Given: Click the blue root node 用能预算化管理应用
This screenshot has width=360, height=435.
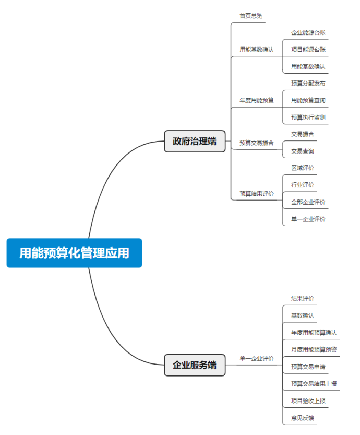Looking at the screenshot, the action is click(x=74, y=253).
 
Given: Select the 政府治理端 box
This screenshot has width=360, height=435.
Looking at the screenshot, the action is click(x=195, y=141).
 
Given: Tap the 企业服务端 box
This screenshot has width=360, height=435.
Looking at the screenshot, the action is click(x=195, y=365).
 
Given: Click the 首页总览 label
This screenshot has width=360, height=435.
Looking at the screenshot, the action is click(x=251, y=16).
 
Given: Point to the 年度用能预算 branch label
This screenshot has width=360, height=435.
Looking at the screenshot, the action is click(x=257, y=100).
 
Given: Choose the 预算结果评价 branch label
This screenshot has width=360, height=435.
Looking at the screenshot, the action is click(x=257, y=194).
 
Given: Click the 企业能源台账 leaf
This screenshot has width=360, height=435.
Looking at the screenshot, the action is click(x=308, y=33).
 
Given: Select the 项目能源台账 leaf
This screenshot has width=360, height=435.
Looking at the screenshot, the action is click(x=308, y=50).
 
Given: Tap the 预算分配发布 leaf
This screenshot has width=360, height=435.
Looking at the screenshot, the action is click(x=308, y=84).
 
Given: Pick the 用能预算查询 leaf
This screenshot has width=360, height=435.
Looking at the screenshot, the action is click(x=308, y=100).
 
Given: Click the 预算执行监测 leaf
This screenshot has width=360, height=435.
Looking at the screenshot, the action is click(x=308, y=117).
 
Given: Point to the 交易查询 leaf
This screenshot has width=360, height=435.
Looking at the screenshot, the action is click(x=303, y=151).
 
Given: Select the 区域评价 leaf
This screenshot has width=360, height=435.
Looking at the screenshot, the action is click(x=303, y=168).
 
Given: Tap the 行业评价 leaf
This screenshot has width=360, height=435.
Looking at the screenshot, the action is click(x=303, y=185).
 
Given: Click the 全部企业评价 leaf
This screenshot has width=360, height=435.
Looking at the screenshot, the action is click(x=308, y=202).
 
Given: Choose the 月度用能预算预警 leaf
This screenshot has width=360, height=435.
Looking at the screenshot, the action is click(x=314, y=350).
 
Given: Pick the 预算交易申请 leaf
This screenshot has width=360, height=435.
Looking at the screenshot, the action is click(x=308, y=367).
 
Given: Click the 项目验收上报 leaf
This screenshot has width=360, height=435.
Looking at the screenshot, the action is click(x=308, y=401).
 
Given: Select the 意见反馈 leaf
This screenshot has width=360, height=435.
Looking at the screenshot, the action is click(x=303, y=418).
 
